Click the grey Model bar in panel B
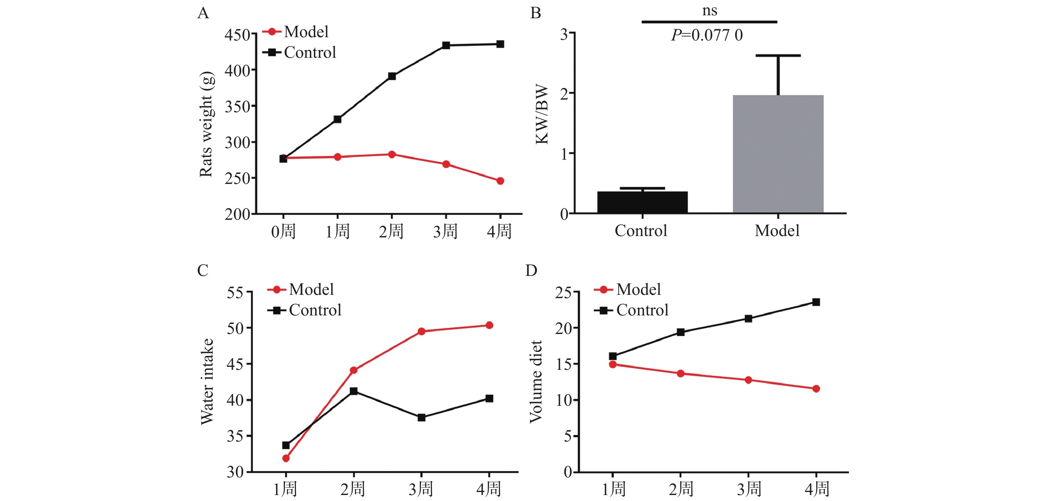click(778, 154)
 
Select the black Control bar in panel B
click(642, 202)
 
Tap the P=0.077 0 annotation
click(707, 35)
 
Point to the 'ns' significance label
click(710, 11)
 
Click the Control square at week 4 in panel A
click(500, 44)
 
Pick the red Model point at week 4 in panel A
click(500, 181)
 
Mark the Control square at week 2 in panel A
click(392, 76)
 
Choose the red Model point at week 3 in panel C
click(422, 332)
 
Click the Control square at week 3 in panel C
click(422, 417)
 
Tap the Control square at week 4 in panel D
click(816, 302)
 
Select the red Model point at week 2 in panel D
click(681, 374)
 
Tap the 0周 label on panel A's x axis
click(283, 232)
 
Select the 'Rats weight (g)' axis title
click(206, 124)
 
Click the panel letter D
click(531, 270)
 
